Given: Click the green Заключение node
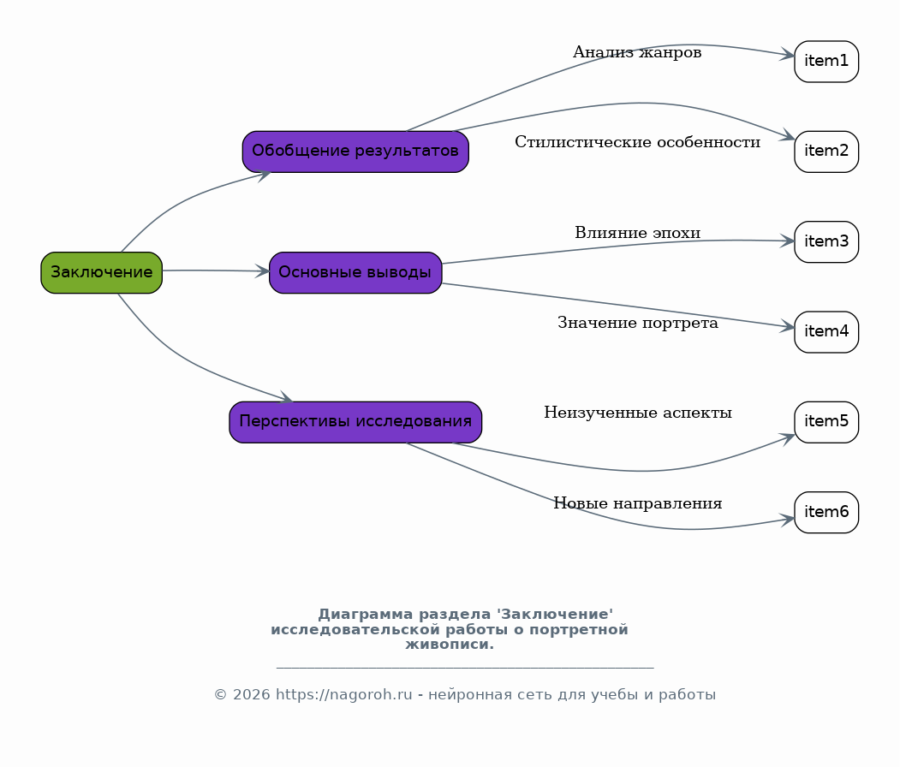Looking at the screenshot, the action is coord(102,272).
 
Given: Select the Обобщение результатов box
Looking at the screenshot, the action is coord(355,152).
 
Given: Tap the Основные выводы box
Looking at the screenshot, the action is coord(355,272).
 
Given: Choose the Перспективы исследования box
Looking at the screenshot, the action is coord(355,422).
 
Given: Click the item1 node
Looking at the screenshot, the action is coord(826,62).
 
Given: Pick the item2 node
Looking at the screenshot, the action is coord(826,152).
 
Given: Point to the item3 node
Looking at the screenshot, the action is coord(826,241).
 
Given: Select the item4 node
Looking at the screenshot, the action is coord(826,332).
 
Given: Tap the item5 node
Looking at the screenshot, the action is coord(826,422).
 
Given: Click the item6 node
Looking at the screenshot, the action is coord(826,512).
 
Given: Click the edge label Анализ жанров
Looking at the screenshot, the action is coord(637,52).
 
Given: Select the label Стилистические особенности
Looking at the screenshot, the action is coord(638,142).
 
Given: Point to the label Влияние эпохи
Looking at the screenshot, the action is coord(638,232).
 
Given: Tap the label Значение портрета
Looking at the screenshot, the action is coord(638,323).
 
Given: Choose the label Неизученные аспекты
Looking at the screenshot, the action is coord(638,413).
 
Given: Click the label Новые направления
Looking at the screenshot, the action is coord(638,503).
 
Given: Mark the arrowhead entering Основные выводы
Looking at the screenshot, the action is coord(262,271).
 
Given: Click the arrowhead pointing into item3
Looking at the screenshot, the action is coord(788,241).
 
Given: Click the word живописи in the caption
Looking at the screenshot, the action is coord(450,645).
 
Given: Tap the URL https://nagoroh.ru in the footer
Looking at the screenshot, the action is coord(343,695).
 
